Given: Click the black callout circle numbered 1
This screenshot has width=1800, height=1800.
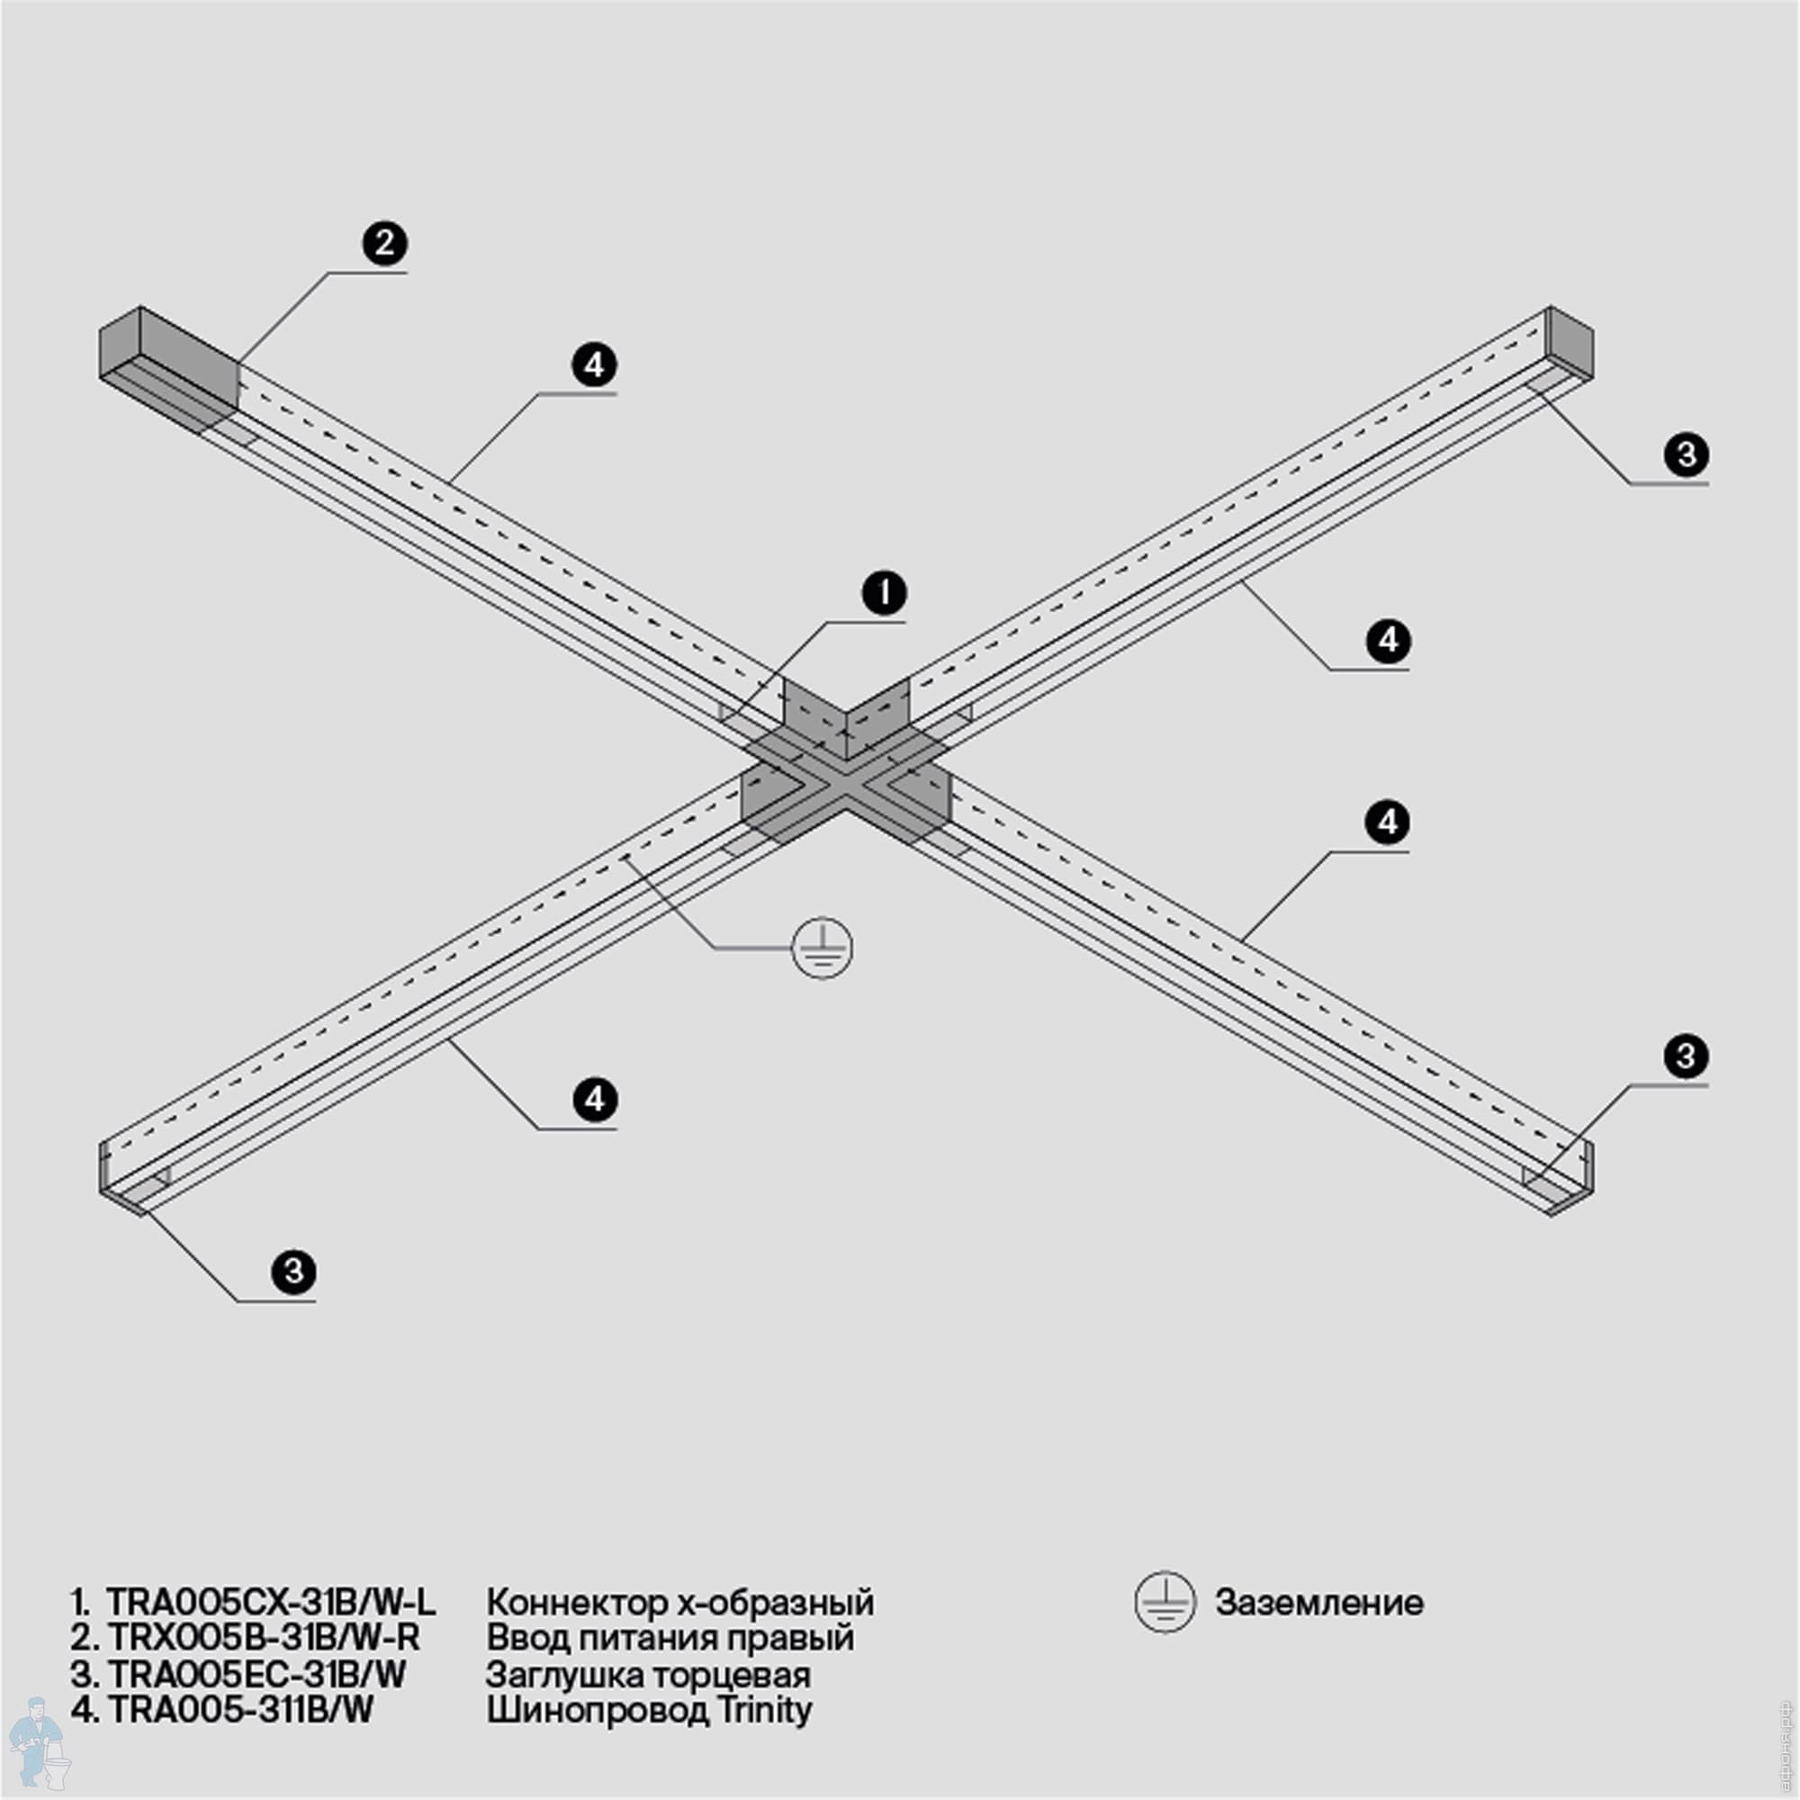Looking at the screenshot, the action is tap(884, 592).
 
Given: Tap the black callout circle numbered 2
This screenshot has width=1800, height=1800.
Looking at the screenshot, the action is tap(385, 243).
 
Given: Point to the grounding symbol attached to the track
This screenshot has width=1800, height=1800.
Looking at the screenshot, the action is tap(822, 949).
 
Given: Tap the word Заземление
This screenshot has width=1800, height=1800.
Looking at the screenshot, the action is tap(1318, 1603).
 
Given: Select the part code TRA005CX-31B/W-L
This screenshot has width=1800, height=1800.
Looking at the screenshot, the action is tap(270, 1603).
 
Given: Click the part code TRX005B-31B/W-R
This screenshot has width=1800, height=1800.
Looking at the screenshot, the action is tap(264, 1637).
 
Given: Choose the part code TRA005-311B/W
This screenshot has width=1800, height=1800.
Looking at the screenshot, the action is tap(240, 1710).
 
